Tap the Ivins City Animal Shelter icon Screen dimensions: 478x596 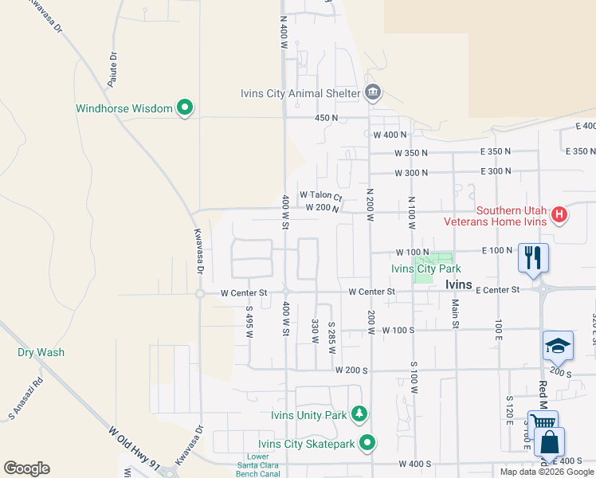pos(372,93)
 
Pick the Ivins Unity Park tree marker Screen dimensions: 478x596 pos(360,414)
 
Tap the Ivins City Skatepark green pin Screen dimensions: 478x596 pos(367,442)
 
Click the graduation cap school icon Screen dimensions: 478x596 pos(558,345)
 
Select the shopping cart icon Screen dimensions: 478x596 pos(543,424)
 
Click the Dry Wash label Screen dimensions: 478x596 pos(41,352)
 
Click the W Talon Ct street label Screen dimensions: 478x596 pos(320,195)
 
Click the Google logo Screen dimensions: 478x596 pos(26,468)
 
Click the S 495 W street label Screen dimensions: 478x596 pos(249,322)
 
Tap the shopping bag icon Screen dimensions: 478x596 pos(549,442)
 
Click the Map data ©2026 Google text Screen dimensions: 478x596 pos(546,472)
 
